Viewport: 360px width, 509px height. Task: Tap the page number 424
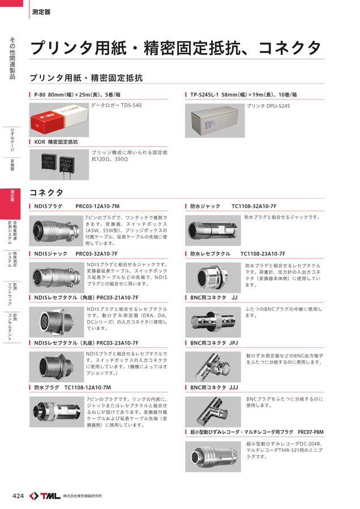pos(18,496)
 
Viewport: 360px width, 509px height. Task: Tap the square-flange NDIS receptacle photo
pos(55,322)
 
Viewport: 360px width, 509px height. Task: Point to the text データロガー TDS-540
pos(116,106)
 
